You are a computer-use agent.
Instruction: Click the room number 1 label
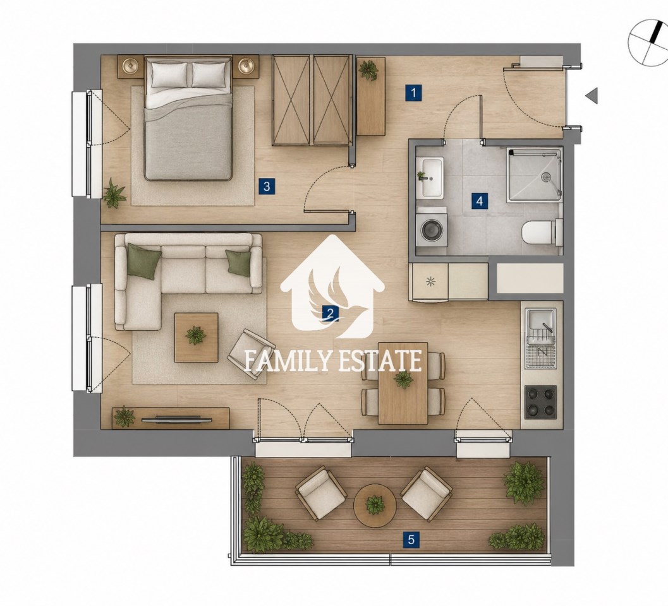click(x=413, y=93)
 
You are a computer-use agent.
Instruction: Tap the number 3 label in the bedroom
click(x=267, y=186)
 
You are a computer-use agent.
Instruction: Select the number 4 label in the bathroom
click(x=480, y=201)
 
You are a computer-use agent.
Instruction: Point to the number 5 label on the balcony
click(x=411, y=540)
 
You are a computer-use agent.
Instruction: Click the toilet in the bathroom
click(x=541, y=232)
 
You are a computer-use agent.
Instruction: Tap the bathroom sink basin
click(x=432, y=177)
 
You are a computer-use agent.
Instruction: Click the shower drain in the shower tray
click(x=546, y=177)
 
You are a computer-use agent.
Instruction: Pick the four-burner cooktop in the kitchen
click(x=540, y=401)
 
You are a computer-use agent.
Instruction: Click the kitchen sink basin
click(x=540, y=322)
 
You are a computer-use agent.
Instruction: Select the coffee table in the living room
click(x=197, y=338)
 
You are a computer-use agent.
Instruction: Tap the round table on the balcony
click(x=375, y=506)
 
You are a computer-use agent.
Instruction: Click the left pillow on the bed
click(x=169, y=75)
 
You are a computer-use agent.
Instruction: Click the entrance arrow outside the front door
click(x=592, y=96)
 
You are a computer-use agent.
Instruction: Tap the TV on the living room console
click(x=176, y=419)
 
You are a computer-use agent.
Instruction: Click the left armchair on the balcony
click(x=321, y=493)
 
